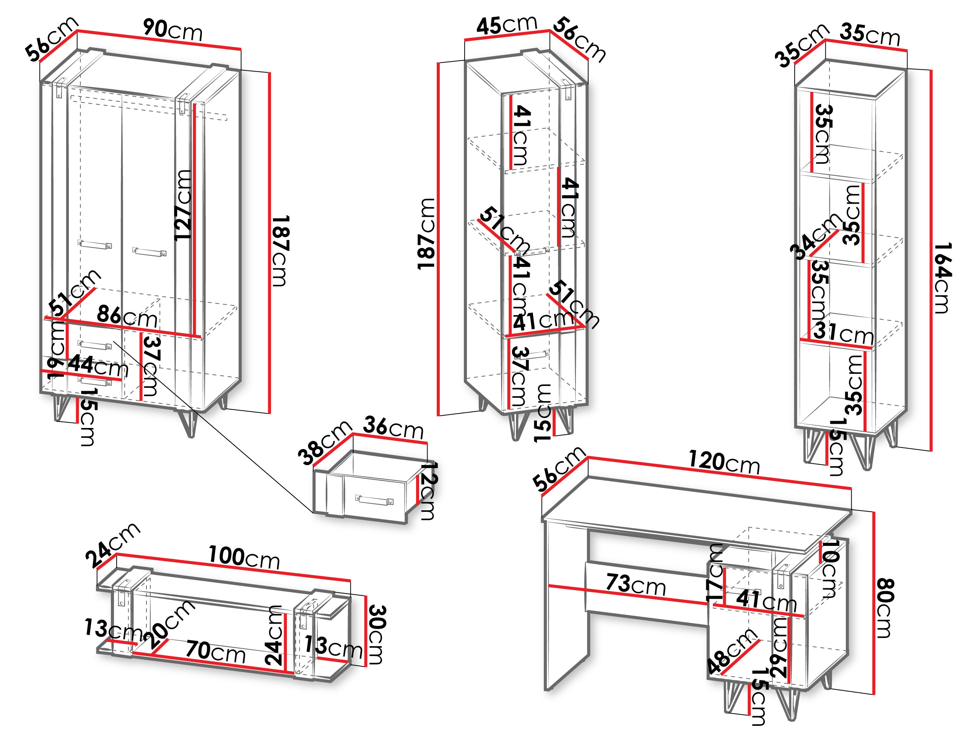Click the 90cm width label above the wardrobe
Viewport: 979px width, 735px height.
click(x=172, y=30)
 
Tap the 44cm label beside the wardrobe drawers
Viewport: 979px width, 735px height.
click(x=98, y=366)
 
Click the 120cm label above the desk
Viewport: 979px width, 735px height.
click(x=724, y=463)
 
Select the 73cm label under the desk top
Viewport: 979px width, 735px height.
click(x=636, y=585)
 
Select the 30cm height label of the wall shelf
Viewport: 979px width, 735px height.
click(x=376, y=634)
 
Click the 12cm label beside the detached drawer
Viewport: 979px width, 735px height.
click(x=428, y=490)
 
